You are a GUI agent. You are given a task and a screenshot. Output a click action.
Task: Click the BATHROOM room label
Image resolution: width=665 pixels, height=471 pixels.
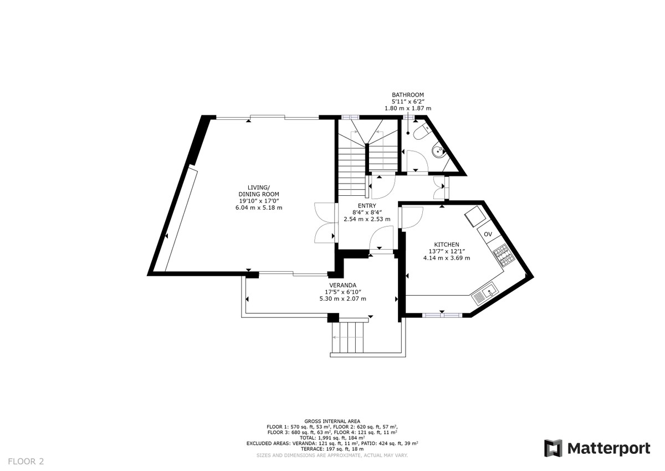(x=408, y=95)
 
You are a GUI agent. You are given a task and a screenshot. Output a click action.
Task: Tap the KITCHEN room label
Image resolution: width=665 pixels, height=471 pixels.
(x=447, y=245)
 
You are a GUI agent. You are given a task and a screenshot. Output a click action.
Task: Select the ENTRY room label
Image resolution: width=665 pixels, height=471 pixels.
(x=367, y=206)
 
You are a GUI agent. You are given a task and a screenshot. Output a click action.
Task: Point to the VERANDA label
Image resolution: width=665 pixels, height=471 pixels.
(x=342, y=285)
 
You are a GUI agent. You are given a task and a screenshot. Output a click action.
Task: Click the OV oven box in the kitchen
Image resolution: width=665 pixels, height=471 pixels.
(x=488, y=234)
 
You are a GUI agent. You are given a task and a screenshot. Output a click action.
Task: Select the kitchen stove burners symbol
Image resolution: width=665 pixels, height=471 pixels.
(x=504, y=255)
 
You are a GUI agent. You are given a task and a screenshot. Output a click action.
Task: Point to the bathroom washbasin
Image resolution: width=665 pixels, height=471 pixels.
(x=439, y=151)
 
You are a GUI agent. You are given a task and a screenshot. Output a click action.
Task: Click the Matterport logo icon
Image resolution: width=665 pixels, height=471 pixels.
(x=553, y=448)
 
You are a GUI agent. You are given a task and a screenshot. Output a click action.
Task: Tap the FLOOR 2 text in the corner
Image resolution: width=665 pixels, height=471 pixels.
(x=26, y=462)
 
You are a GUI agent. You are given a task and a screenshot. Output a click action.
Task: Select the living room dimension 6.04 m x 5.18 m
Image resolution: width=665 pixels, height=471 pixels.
(x=259, y=207)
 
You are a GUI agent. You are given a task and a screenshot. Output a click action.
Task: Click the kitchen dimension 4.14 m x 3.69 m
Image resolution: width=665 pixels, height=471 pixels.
(x=447, y=258)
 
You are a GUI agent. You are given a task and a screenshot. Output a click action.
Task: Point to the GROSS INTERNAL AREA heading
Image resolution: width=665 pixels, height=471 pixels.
(x=332, y=421)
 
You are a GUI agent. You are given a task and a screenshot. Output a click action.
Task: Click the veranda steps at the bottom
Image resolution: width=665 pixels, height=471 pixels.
(x=347, y=337)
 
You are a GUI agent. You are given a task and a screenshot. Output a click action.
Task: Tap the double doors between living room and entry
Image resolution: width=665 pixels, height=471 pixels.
(x=325, y=223)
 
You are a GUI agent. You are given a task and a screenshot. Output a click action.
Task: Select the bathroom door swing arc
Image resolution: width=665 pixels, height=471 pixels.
(x=417, y=160)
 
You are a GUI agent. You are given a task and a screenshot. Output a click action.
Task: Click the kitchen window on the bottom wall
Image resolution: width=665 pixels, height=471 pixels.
(x=442, y=315)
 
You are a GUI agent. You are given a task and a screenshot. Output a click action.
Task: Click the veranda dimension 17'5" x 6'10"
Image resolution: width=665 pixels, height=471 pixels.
(x=343, y=292)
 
